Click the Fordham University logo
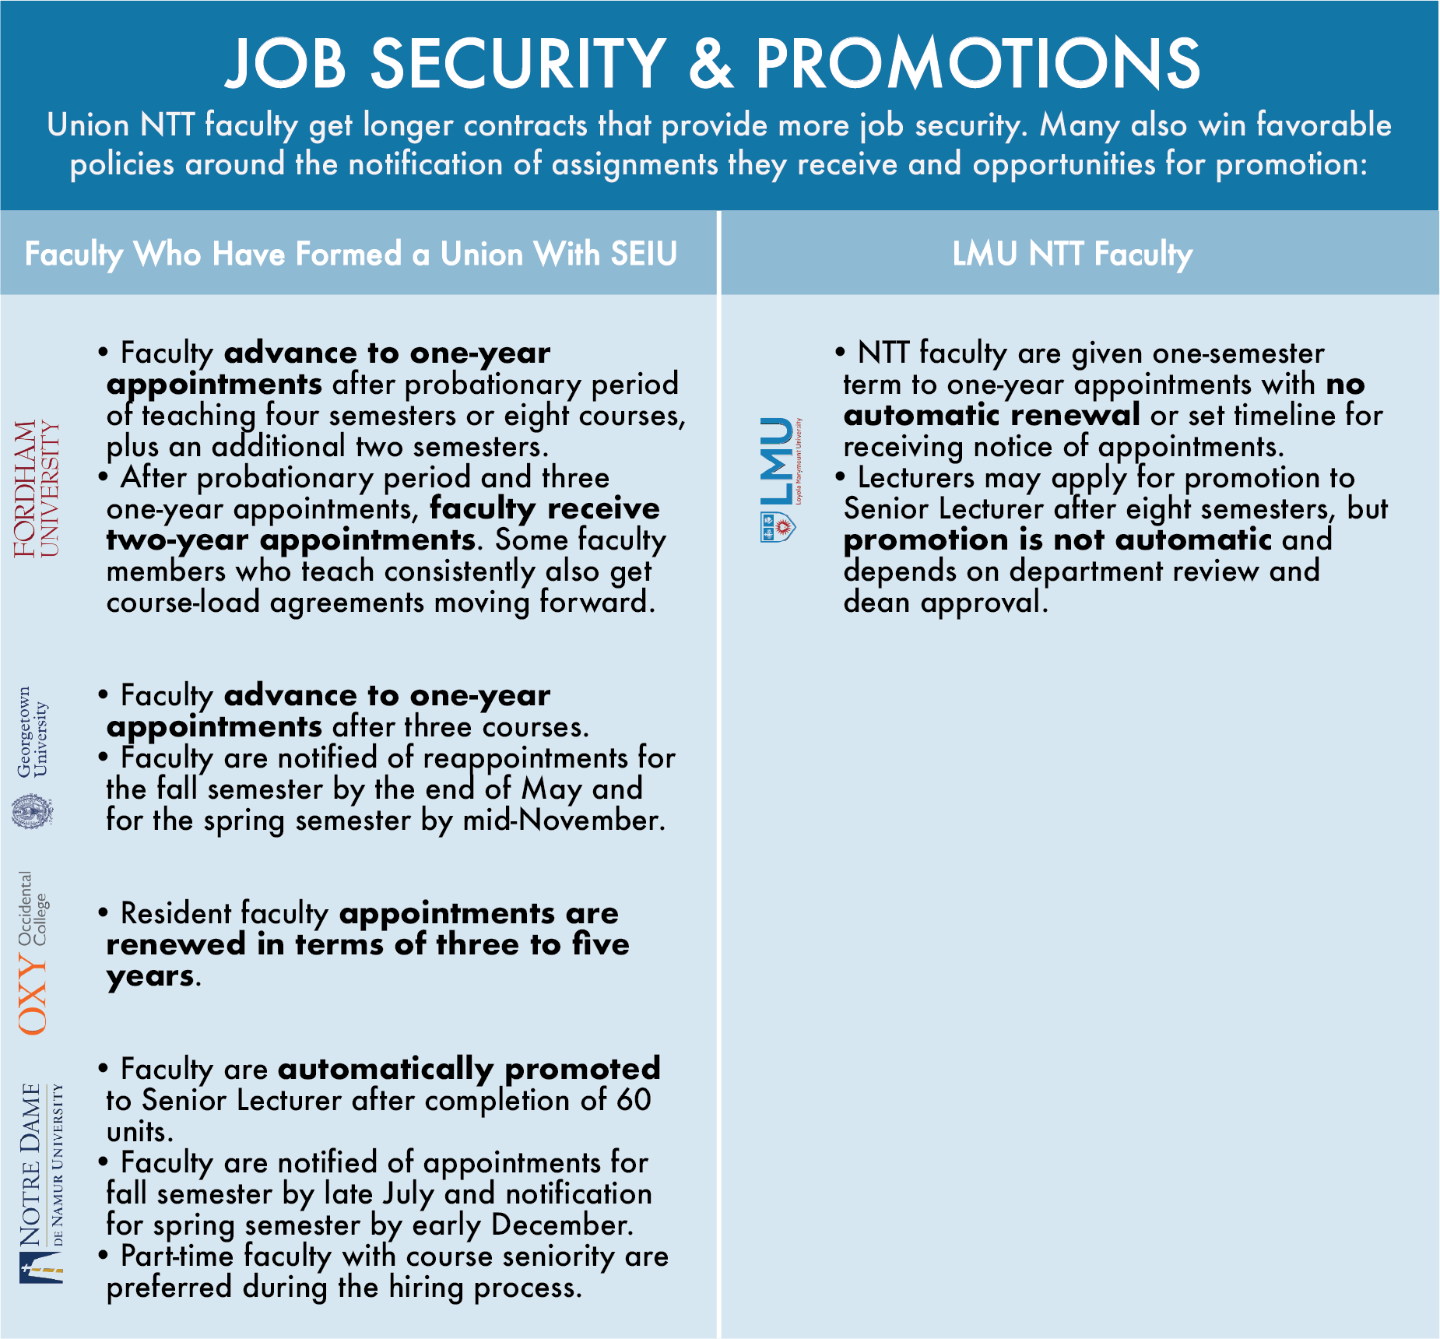(36, 488)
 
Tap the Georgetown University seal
(33, 811)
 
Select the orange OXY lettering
(33, 996)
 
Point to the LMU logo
(778, 479)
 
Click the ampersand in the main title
(711, 64)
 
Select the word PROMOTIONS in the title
(978, 64)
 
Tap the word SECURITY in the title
(518, 64)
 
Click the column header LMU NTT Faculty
(1072, 254)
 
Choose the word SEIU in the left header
(644, 254)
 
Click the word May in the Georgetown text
(552, 789)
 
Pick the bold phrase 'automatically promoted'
(469, 1069)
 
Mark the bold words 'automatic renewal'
(992, 415)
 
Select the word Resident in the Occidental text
(176, 913)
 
